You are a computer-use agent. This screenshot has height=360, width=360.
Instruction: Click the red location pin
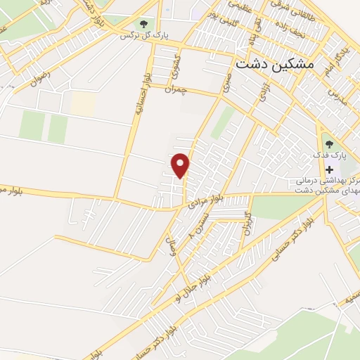pos(181,165)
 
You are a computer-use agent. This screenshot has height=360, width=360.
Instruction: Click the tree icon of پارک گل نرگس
pos(145,25)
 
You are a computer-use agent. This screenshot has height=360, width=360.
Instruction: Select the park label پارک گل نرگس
pos(145,35)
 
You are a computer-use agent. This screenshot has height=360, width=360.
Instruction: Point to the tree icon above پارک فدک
pos(329,144)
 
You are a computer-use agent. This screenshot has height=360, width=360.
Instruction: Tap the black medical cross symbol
pos(329,169)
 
